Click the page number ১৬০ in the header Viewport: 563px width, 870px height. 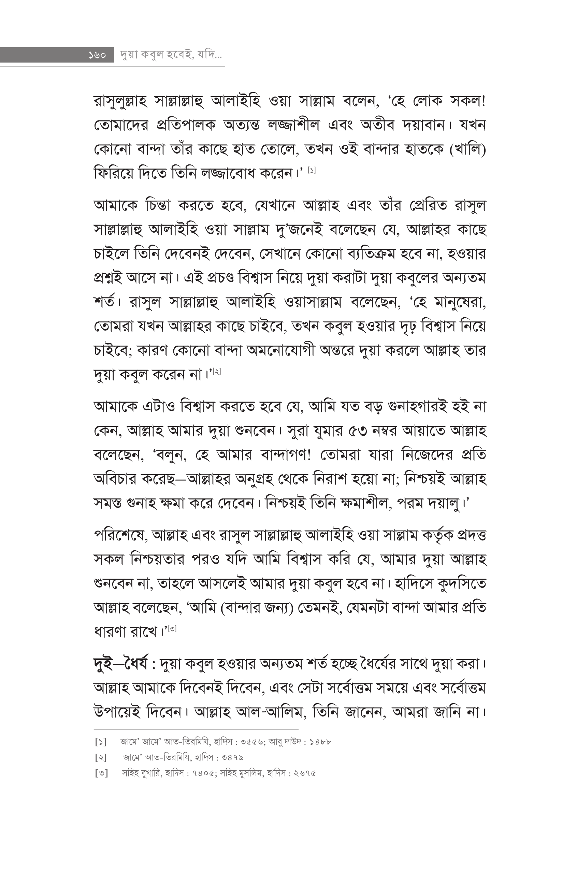click(x=97, y=56)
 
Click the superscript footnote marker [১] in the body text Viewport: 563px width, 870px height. click(x=312, y=170)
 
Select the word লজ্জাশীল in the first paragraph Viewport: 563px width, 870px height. click(x=294, y=126)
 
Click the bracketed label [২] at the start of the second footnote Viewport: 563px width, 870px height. click(x=101, y=758)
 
